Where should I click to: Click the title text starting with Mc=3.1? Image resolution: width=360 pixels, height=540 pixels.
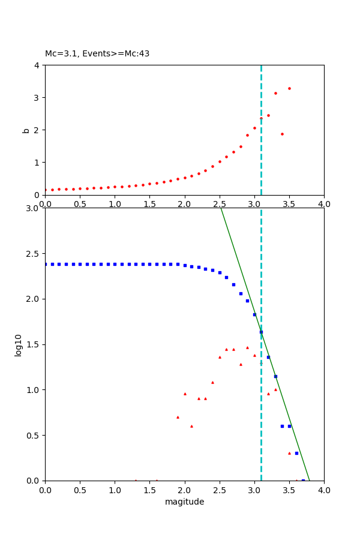tap(97, 54)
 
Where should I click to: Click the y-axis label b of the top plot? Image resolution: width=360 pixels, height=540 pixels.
tap(26, 130)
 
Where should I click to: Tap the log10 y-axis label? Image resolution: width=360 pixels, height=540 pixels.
tap(19, 345)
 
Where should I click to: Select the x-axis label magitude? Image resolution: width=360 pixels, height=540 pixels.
tap(184, 502)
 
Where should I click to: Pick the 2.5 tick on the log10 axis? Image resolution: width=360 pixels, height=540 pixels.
tap(34, 254)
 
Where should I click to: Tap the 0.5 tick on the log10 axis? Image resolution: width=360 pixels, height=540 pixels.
tap(34, 436)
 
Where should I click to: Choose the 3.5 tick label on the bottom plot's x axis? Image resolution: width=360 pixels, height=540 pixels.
tap(289, 490)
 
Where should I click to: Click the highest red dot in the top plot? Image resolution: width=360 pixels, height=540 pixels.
tap(289, 88)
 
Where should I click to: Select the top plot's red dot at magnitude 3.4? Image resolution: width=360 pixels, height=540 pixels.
tap(282, 134)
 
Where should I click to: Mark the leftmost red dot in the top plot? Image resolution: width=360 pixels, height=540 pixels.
tap(46, 190)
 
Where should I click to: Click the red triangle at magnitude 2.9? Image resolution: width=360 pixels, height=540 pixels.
tap(247, 347)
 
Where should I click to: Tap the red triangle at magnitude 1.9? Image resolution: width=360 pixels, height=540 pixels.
tap(178, 417)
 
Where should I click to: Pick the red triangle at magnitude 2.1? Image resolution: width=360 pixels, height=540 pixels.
tap(191, 426)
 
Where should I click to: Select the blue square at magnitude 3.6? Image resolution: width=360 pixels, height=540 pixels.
tap(296, 453)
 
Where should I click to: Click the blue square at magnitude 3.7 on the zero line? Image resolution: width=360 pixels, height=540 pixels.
tap(303, 480)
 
